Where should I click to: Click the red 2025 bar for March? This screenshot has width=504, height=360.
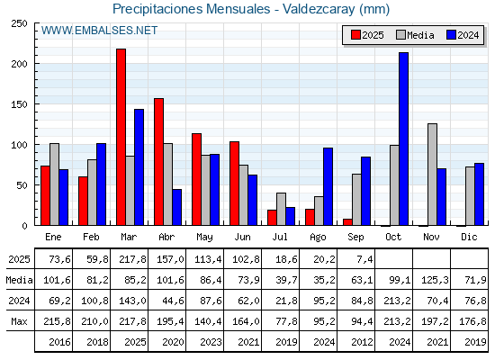click(121, 137)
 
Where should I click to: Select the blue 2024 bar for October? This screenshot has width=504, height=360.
click(404, 139)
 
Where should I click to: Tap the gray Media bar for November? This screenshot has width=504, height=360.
click(432, 175)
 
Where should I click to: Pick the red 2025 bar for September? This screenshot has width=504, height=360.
click(347, 222)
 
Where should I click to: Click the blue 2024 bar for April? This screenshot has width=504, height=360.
click(176, 207)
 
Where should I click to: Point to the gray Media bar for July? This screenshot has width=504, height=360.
click(281, 209)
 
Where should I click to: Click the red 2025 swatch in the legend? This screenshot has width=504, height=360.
click(355, 35)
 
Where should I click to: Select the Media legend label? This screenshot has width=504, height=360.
click(420, 35)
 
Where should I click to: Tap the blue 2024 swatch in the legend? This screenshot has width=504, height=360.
click(451, 35)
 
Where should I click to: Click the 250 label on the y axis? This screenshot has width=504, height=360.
click(19, 23)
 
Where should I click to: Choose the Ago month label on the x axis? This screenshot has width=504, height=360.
click(318, 238)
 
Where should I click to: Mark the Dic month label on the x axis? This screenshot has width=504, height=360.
click(469, 237)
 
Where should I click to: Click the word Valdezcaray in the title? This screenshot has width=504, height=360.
click(319, 9)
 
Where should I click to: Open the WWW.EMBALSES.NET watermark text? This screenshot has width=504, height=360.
click(99, 31)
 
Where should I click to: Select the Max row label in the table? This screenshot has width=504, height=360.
click(19, 321)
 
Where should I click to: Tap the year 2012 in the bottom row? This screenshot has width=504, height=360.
click(362, 342)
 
